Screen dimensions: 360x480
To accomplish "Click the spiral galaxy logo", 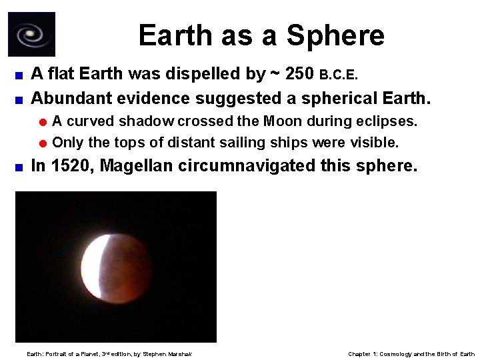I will click(x=31, y=34).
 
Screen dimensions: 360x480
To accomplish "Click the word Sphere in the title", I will click(x=339, y=35).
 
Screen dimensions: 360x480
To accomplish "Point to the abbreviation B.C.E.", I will click(x=339, y=75).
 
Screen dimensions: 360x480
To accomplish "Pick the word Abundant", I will click(x=71, y=99).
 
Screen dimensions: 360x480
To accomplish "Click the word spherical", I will click(x=340, y=99).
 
